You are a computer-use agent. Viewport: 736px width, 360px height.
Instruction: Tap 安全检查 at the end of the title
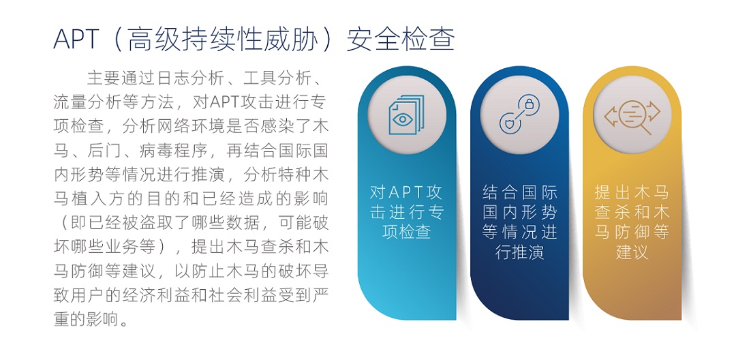point(401,39)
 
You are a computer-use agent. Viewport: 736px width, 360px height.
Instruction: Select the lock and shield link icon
point(519,115)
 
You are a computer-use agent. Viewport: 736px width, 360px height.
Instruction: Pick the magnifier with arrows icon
point(632,115)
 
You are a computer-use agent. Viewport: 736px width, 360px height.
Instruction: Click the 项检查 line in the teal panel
point(406,231)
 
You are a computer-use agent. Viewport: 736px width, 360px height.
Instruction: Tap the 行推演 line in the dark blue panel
point(519,252)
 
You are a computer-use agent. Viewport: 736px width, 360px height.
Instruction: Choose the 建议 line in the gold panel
point(632,252)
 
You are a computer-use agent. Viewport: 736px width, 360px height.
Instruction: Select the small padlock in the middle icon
point(529,104)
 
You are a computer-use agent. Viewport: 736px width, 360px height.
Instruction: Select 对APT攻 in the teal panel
point(406,192)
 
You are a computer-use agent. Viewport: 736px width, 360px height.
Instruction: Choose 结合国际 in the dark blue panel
point(519,192)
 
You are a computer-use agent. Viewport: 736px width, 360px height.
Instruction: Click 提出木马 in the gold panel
point(632,192)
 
